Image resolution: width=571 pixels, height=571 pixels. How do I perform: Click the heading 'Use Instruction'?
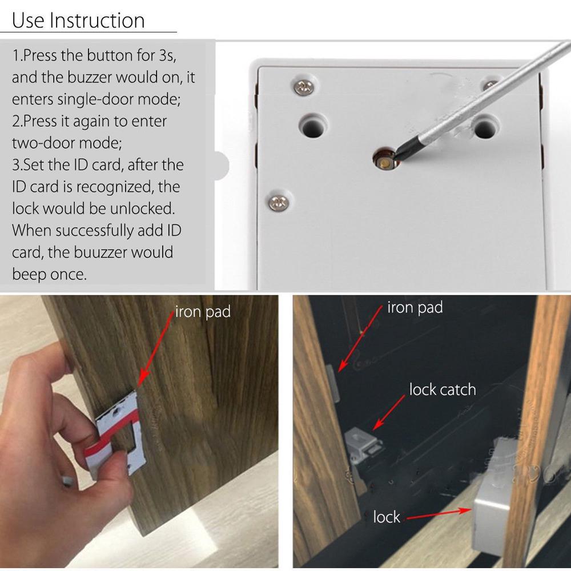(x=79, y=21)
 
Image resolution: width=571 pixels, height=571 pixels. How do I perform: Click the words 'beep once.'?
(x=50, y=274)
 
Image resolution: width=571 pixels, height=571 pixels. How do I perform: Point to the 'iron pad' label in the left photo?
(x=203, y=312)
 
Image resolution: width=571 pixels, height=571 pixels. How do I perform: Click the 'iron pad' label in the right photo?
(x=415, y=308)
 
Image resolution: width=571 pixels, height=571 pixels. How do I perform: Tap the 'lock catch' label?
(x=442, y=390)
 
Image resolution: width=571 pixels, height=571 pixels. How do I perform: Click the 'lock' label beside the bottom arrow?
(x=387, y=517)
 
